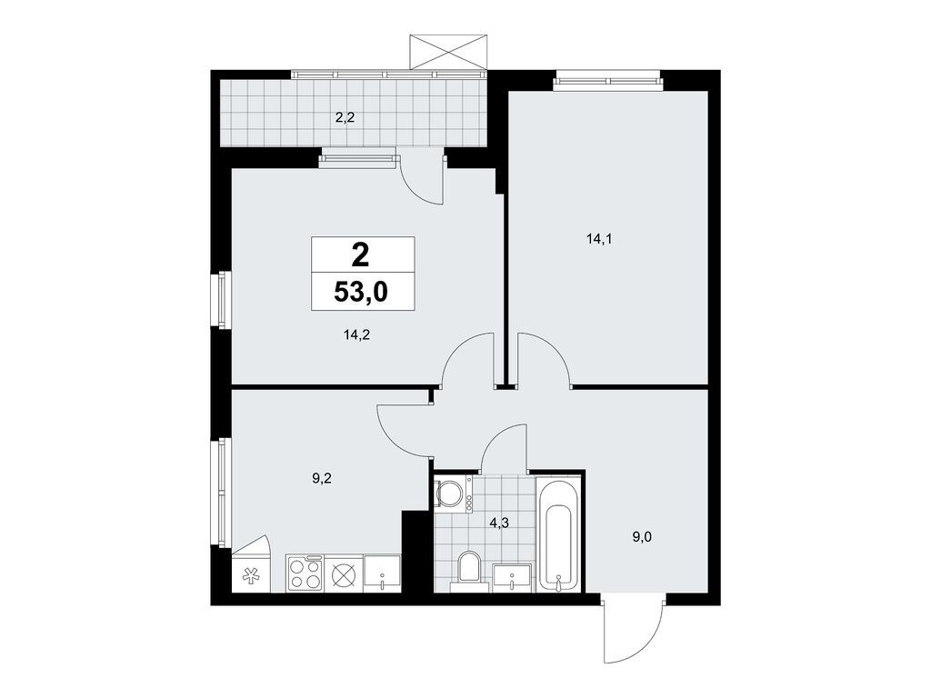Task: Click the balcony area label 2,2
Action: pos(345,115)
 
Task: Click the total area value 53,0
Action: pos(362,293)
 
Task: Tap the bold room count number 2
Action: pos(362,254)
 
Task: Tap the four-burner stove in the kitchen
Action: pos(305,574)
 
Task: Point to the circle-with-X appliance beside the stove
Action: pos(344,574)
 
